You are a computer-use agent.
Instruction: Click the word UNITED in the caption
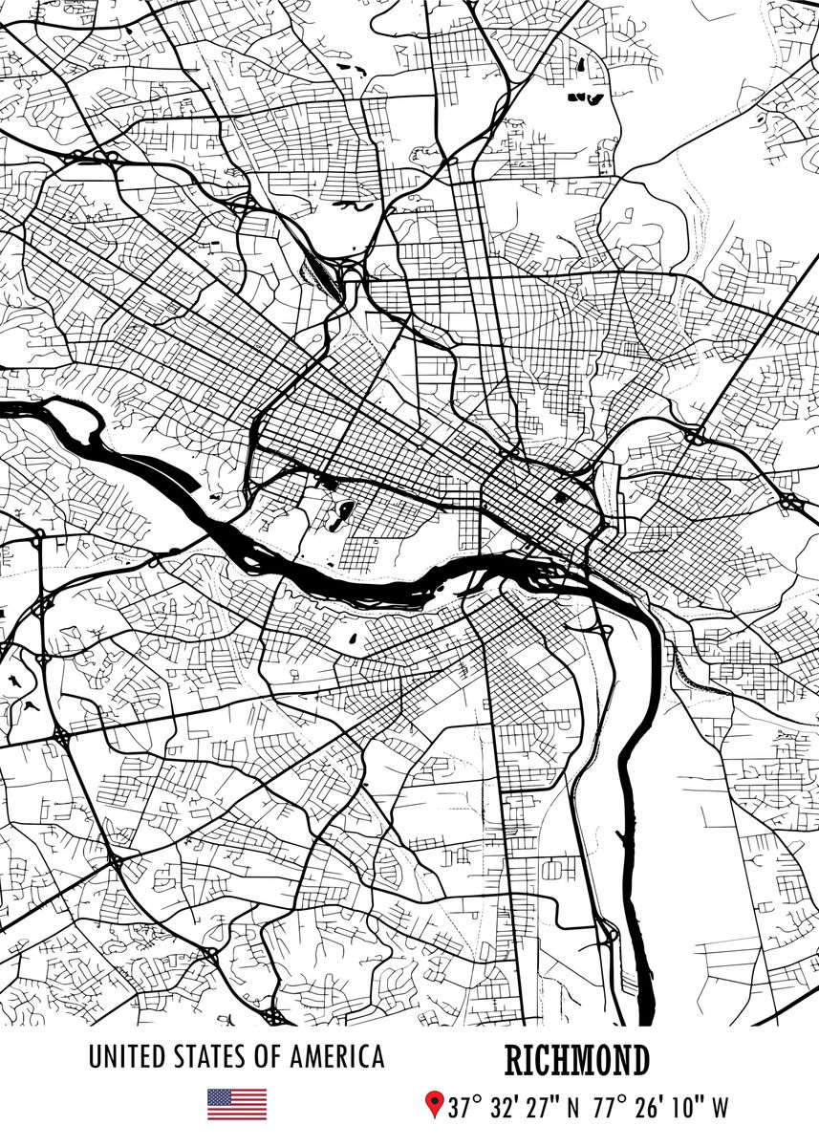(x=126, y=1057)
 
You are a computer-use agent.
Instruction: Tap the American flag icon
(x=237, y=1105)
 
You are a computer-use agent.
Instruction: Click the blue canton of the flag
(x=219, y=1097)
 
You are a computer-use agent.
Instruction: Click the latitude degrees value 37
(x=462, y=1109)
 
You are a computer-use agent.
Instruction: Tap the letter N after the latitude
(x=573, y=1109)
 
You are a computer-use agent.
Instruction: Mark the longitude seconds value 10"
(x=689, y=1109)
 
